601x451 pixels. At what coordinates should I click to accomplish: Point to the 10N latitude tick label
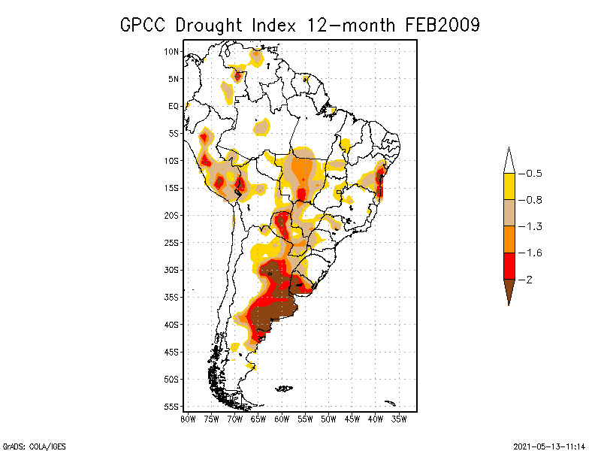point(172,52)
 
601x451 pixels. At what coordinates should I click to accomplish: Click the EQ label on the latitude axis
point(174,106)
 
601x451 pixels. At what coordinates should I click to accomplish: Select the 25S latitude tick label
point(172,243)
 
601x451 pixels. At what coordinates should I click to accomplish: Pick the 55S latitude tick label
point(172,407)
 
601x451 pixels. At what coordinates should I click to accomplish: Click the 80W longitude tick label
point(188,419)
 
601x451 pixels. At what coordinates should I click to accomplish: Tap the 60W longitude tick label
point(282,419)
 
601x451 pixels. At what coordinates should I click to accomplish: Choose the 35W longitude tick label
point(400,419)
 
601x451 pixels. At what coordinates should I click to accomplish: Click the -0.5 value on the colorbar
point(534,174)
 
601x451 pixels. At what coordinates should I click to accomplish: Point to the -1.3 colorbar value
point(534,226)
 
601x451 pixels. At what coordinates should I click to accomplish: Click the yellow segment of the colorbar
point(509,186)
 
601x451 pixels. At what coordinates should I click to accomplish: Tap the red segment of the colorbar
point(509,265)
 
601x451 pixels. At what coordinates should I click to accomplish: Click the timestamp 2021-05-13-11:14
point(550,444)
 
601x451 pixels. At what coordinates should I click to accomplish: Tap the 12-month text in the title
point(353,25)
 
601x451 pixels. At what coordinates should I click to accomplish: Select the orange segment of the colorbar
point(509,239)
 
